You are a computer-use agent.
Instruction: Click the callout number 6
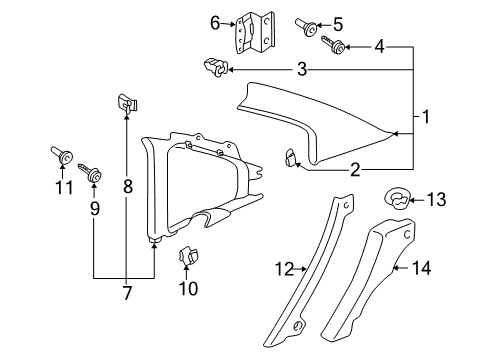coord(215,23)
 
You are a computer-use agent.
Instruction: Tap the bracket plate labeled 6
coord(255,32)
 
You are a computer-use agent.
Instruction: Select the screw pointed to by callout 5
coord(306,27)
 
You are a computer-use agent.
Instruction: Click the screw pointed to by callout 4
coord(333,45)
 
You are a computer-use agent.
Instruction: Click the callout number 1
coord(426,117)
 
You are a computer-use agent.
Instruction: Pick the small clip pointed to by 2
coord(290,157)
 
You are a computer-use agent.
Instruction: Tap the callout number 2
coord(355,170)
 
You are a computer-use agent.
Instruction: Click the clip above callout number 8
coord(127,103)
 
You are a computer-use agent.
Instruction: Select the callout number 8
coord(128,186)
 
